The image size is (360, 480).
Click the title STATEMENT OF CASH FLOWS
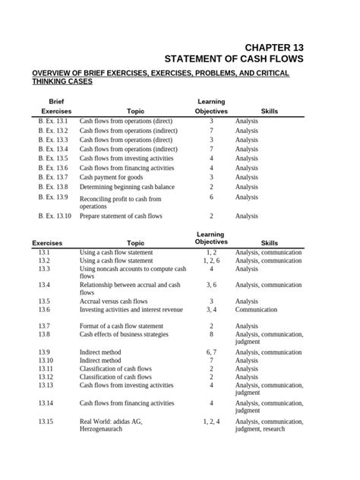[x=234, y=59]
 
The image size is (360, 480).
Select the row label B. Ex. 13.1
[x=53, y=122]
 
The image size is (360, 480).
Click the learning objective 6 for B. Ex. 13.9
[x=211, y=197]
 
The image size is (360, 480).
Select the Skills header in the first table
[x=269, y=111]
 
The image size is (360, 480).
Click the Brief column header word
[x=56, y=101]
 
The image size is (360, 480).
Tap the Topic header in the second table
[x=135, y=243]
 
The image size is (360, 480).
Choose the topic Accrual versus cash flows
[x=118, y=301]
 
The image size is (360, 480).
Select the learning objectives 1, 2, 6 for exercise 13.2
[x=211, y=261]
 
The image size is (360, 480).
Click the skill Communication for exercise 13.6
[x=256, y=310]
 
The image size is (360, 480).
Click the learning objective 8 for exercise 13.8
[x=211, y=334]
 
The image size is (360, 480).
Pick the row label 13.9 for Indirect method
[x=45, y=352]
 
